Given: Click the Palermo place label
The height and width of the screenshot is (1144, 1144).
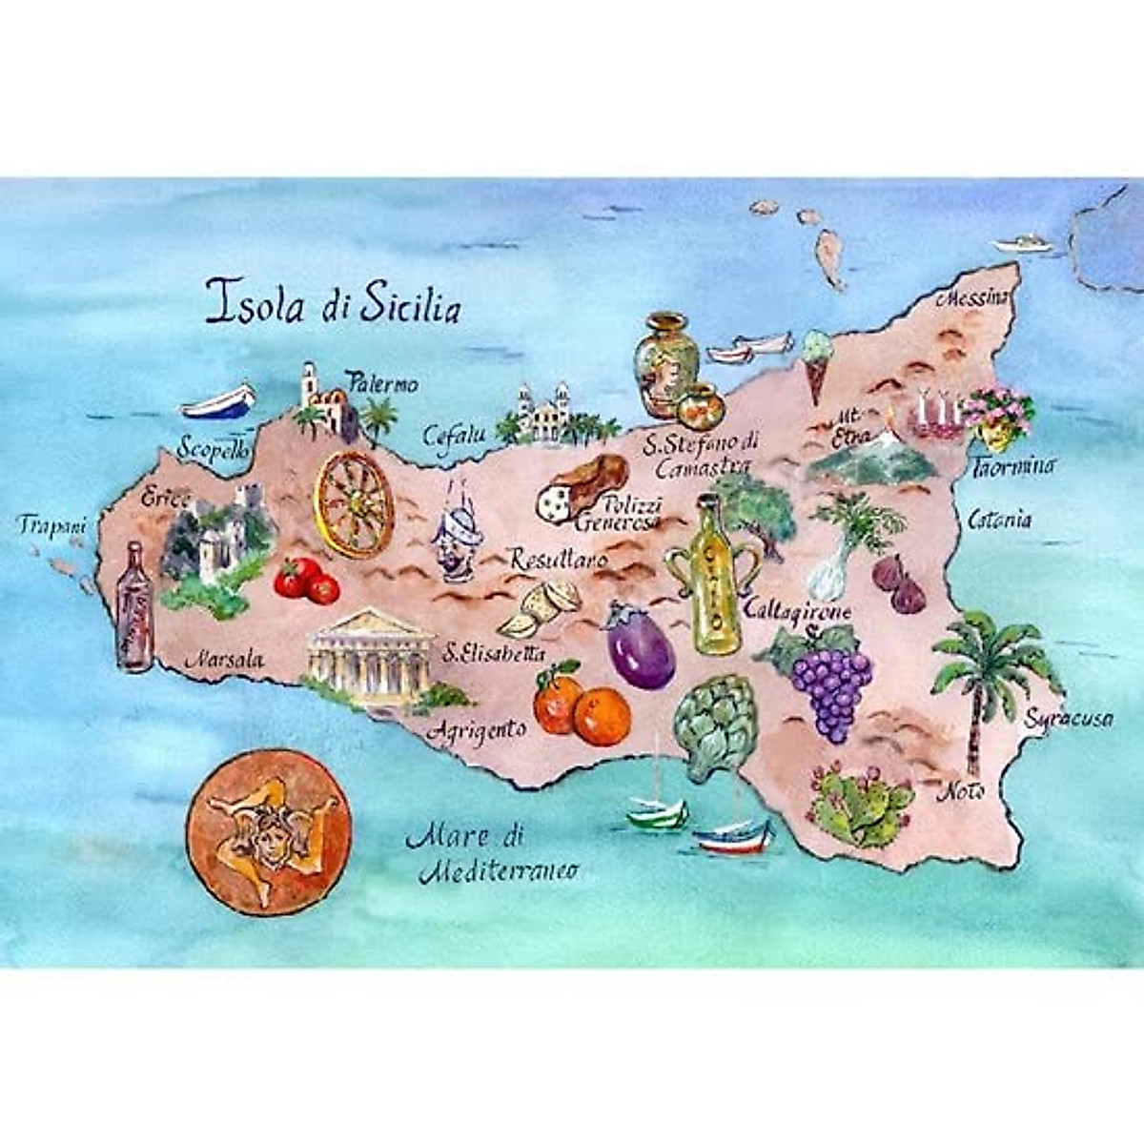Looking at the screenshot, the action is click(x=382, y=384).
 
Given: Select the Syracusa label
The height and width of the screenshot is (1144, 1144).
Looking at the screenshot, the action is click(x=1068, y=719).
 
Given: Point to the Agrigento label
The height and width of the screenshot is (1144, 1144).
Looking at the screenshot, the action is click(x=477, y=730).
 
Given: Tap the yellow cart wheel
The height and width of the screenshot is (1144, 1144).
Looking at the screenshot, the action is click(x=354, y=504).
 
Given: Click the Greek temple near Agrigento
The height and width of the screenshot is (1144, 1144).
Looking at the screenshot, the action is click(x=370, y=658).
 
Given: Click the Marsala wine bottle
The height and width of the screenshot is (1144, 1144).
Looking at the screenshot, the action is click(x=133, y=608).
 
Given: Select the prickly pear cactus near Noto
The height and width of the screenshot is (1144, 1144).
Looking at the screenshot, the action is click(x=858, y=806).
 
